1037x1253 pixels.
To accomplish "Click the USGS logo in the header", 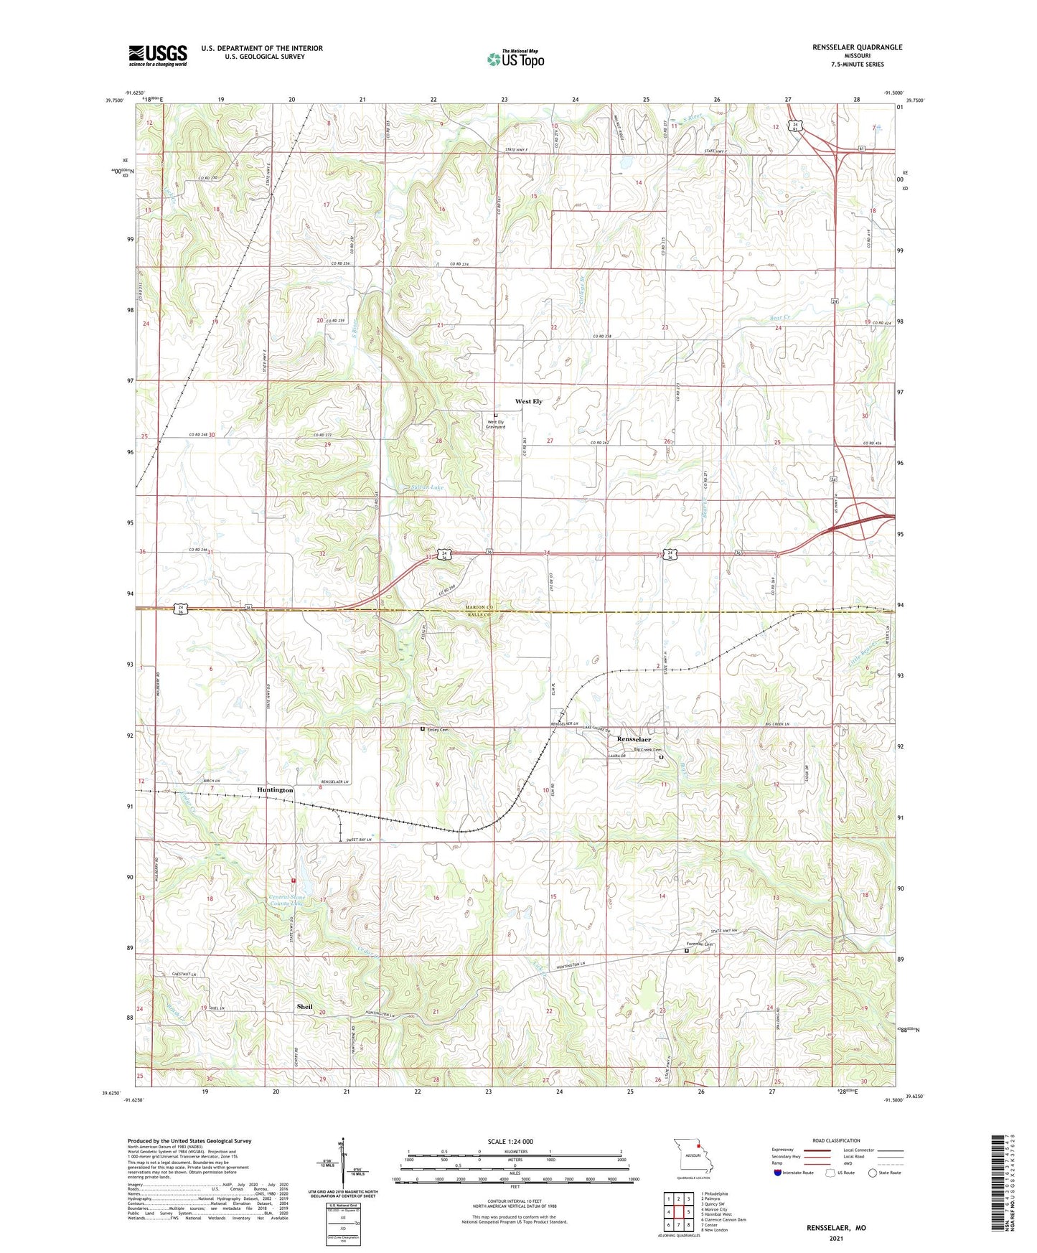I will point(157,55).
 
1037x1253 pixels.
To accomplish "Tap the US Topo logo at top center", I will point(515,59).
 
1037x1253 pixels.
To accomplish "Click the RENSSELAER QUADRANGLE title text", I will point(857,47).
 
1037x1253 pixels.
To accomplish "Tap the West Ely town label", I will point(528,402).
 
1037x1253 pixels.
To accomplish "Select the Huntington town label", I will point(275,790).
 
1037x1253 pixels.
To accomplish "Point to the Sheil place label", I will point(304,1007).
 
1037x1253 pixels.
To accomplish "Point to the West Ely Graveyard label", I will point(497,424).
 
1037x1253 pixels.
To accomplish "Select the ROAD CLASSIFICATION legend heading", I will point(837,1140).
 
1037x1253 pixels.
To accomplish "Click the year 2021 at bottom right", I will point(836,1238).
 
